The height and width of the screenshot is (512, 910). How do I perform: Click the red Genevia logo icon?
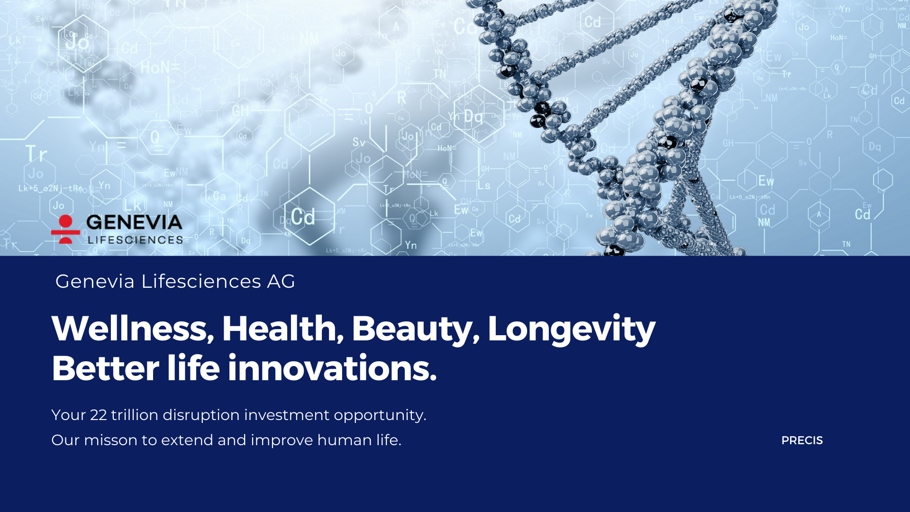point(65,229)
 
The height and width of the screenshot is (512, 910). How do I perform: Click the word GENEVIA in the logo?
point(135,223)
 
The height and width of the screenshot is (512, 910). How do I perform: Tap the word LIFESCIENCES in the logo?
point(136,240)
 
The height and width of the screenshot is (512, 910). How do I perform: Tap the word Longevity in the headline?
point(572,329)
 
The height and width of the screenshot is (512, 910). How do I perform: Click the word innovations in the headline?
point(332,368)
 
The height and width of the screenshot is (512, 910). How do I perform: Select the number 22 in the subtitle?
point(99,415)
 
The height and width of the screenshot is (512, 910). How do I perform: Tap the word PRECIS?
point(802,440)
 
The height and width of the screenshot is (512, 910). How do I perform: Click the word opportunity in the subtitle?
point(380,416)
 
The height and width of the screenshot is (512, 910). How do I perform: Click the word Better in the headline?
point(105,368)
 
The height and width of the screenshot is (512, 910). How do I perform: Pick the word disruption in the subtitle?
point(201,416)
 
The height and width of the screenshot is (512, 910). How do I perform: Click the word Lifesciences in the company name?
point(201,282)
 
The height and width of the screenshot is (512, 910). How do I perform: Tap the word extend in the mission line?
point(187,440)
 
